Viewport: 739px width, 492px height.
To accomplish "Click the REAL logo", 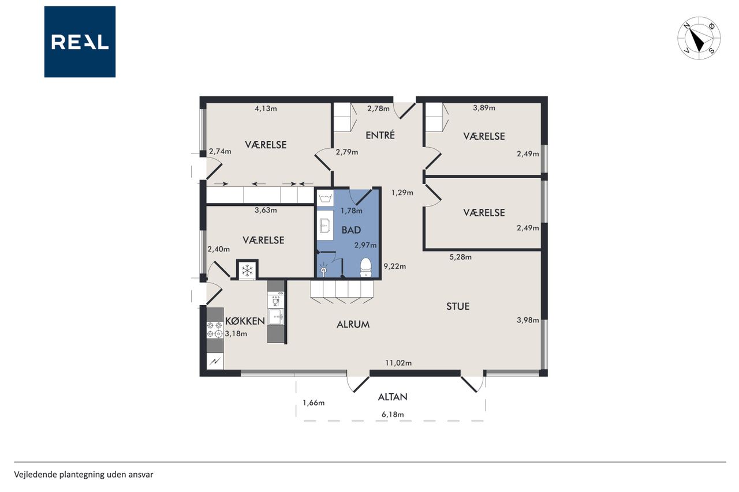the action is coord(80,42).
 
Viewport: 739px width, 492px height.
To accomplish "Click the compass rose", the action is coord(699,38).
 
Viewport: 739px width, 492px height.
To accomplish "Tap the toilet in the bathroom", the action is coord(365,268).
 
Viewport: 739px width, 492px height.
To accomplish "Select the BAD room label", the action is coord(351,230).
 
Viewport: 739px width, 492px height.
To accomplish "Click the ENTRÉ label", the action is coord(380,135).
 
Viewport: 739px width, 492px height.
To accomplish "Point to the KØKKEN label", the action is coord(245,321).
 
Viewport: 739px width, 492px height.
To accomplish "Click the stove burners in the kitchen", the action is coord(215,330).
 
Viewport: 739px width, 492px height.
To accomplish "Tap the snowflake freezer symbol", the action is coord(247,271).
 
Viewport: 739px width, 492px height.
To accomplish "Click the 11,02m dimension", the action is coord(398,363).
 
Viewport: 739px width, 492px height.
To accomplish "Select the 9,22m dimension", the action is coord(394,266).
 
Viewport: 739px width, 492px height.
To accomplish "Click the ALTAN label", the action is coord(393,397).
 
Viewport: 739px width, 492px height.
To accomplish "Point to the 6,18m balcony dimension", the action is coord(393,415).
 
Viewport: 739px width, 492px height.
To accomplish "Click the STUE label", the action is coord(458,306).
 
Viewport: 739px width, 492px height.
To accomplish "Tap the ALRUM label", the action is coord(353,325).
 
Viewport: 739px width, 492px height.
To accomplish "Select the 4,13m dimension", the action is coord(266,109).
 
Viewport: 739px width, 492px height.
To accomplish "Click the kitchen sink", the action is coord(276,317).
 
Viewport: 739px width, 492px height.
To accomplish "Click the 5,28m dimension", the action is coord(460,257).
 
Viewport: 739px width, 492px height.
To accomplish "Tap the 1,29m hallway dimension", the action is coord(402,193).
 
